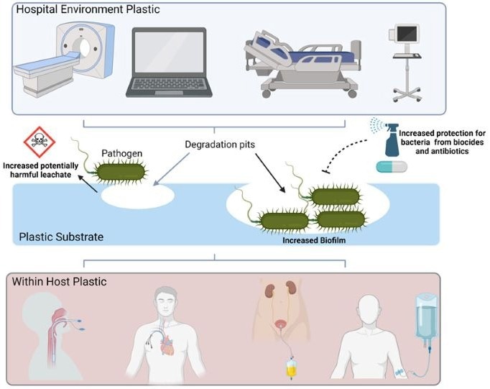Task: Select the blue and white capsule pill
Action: [392, 167]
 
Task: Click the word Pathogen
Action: [121, 155]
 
